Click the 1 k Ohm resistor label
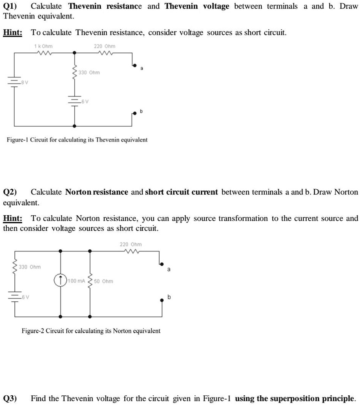(x=43, y=46)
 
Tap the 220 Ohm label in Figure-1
(x=105, y=46)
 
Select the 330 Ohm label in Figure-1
(x=89, y=73)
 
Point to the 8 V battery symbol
(x=16, y=83)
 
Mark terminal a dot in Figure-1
(x=134, y=65)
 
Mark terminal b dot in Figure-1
(x=134, y=113)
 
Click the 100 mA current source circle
(x=61, y=280)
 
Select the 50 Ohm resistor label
(x=103, y=281)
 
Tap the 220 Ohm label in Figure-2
(x=131, y=244)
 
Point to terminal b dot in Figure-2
(x=162, y=300)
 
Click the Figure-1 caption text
(x=77, y=139)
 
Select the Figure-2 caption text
(x=91, y=331)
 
